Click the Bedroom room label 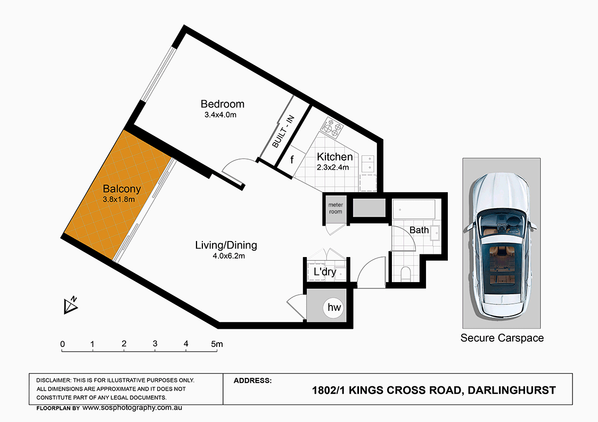[222, 104]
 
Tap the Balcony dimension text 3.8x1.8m [118, 200]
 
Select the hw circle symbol [334, 308]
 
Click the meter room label [335, 208]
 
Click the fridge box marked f [291, 159]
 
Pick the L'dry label [324, 272]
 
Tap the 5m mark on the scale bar [216, 344]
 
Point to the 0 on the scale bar [62, 344]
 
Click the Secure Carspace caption [502, 338]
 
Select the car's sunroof [501, 261]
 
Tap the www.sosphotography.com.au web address [133, 408]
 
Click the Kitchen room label [334, 156]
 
